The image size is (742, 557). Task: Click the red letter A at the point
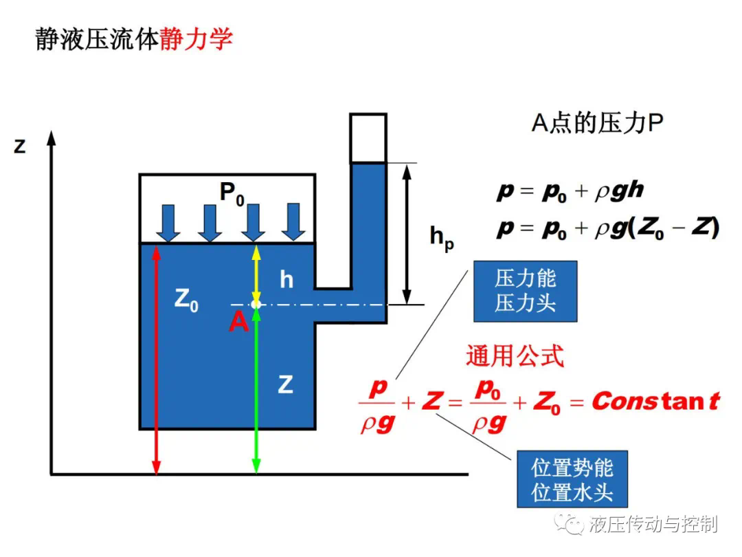click(x=239, y=322)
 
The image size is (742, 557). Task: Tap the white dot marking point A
click(x=256, y=304)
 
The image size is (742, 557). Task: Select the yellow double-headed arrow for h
click(x=256, y=273)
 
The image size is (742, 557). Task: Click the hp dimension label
click(x=442, y=238)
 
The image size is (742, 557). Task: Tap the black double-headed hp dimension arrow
click(x=407, y=234)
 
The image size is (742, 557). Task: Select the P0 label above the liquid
click(x=232, y=194)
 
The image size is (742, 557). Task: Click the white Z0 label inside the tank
click(x=186, y=300)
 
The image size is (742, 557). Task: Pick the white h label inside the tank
click(x=286, y=279)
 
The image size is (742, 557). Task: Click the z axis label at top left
click(x=19, y=146)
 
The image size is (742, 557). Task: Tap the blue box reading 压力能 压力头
click(x=526, y=292)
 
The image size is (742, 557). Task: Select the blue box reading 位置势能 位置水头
click(x=572, y=479)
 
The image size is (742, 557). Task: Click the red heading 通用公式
click(x=515, y=356)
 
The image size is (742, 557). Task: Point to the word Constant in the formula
click(x=656, y=401)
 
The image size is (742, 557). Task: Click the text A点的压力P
click(x=597, y=122)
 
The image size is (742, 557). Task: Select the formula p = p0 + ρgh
click(x=570, y=191)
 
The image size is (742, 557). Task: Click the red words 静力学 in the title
click(x=196, y=39)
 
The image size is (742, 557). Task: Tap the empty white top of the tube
click(x=368, y=139)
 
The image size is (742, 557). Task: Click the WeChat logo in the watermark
click(x=569, y=524)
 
